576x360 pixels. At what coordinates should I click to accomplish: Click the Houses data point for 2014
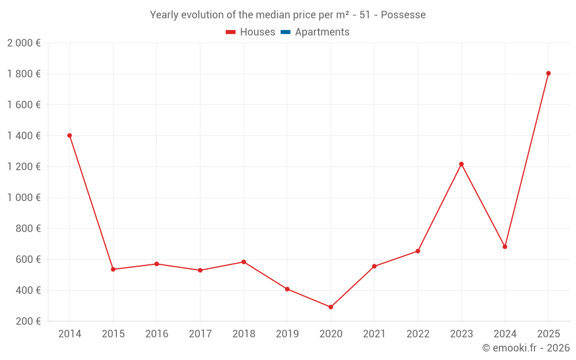tap(70, 135)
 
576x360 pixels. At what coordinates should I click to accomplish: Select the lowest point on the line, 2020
tap(331, 307)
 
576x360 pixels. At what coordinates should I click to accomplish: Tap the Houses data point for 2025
tap(548, 73)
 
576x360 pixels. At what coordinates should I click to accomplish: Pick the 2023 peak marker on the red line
tap(461, 164)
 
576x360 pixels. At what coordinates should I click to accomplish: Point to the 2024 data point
tap(505, 247)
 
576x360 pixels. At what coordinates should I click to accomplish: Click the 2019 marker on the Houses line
tap(287, 289)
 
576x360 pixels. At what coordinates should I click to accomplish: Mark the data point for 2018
tap(244, 262)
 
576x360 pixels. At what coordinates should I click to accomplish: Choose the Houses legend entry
tap(251, 32)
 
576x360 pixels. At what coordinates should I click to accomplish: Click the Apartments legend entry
tap(315, 32)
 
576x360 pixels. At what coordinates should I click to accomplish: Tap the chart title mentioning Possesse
tap(287, 15)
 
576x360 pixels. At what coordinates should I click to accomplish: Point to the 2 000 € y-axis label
tap(24, 43)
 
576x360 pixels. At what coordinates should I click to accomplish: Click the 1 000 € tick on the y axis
tap(24, 198)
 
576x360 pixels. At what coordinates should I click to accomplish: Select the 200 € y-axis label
tap(27, 321)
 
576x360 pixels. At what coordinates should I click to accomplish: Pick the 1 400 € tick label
tap(24, 136)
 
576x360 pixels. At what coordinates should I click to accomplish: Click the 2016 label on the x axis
tap(157, 334)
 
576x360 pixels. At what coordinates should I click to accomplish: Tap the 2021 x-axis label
tap(374, 334)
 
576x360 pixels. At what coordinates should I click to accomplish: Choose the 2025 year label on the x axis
tap(548, 334)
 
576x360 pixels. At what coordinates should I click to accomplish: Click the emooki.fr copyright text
tap(525, 348)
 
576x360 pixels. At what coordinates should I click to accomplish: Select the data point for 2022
tap(418, 251)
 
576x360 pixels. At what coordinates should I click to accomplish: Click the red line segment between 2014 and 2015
tap(91, 202)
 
